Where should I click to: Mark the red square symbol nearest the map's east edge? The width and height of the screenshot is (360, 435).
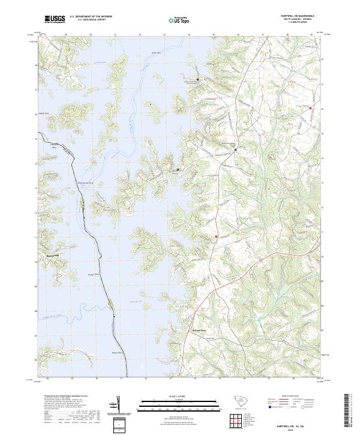click(311, 108)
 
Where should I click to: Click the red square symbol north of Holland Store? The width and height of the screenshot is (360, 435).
click(215, 238)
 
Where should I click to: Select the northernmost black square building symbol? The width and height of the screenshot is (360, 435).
click(197, 79)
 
